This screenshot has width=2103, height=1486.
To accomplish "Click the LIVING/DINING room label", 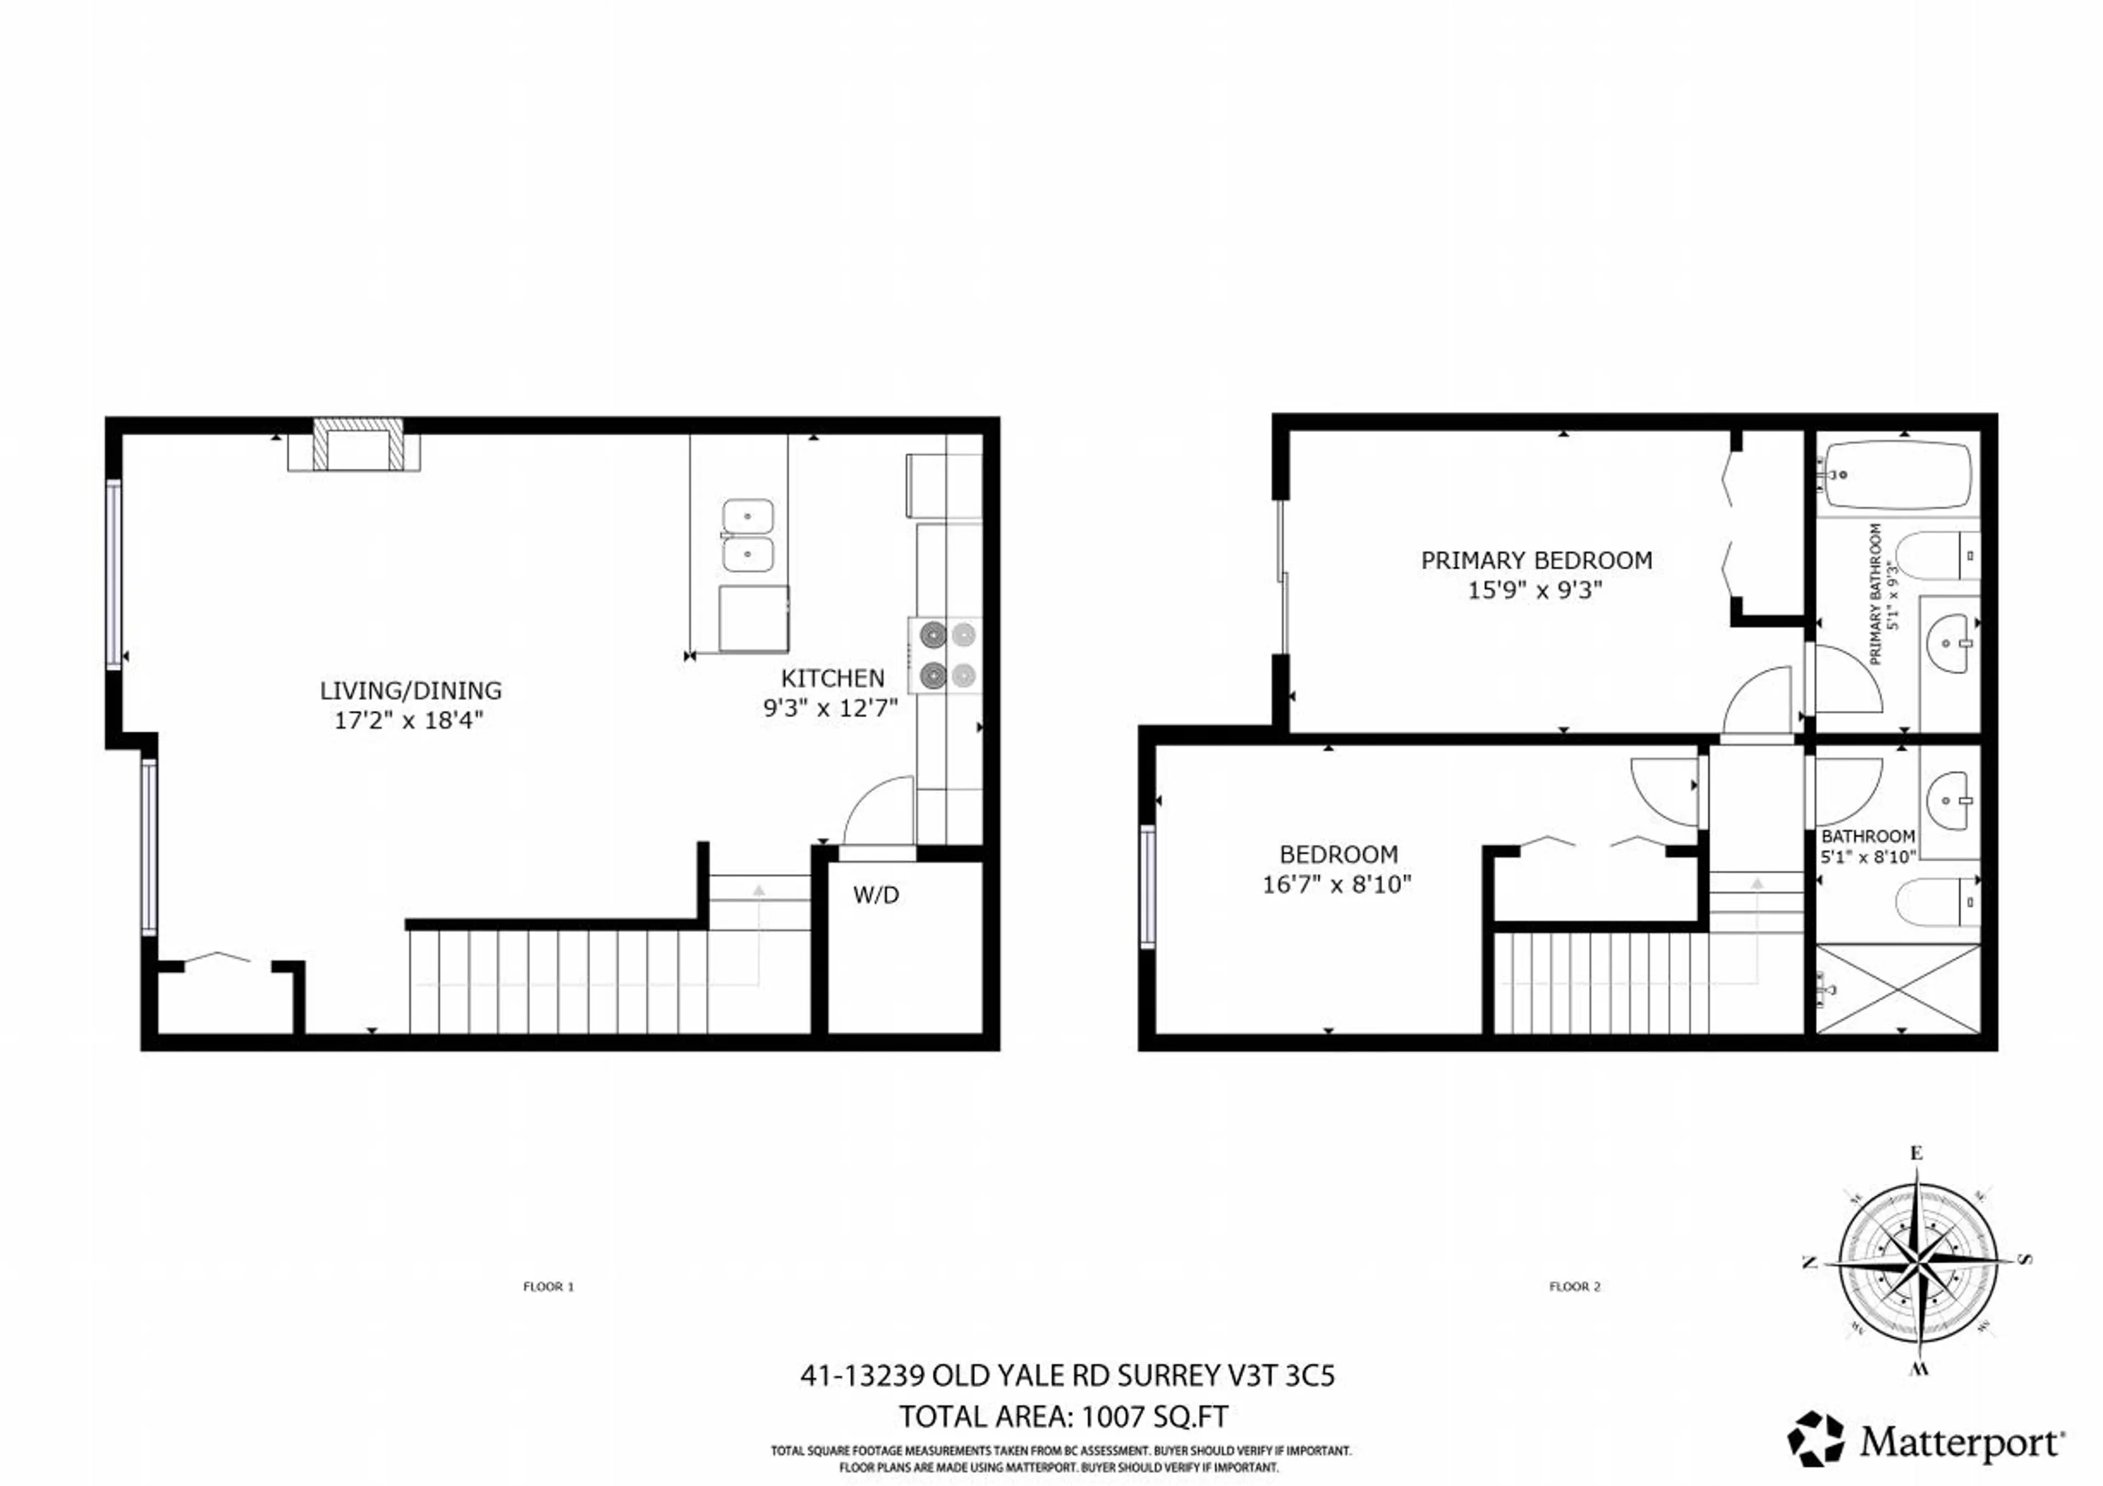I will coord(410,690).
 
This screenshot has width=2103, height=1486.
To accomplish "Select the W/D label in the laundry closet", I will coord(876,895).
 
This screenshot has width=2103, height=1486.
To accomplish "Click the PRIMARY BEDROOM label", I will coord(1536,560).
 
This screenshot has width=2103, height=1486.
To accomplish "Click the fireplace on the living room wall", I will coord(357,445).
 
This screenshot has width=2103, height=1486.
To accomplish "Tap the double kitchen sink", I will coord(748,535).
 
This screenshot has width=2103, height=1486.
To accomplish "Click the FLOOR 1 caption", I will coord(548,1286).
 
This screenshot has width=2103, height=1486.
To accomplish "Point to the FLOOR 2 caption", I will coord(1575,1286).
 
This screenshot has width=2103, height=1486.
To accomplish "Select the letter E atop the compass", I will coord(1916,1154).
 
